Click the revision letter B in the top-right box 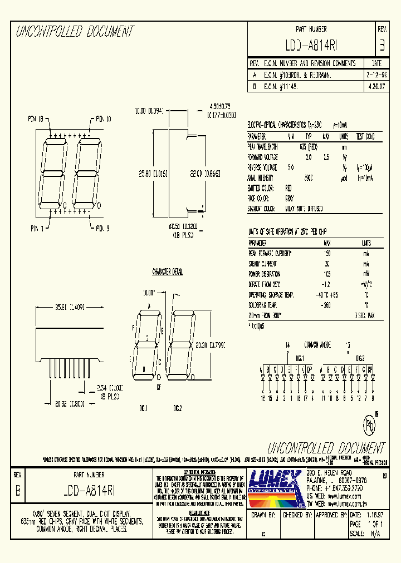pos(382,45)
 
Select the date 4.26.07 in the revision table pos(375,87)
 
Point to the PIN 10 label pos(103,118)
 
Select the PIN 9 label pos(104,228)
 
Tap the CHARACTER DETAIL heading pos(168,272)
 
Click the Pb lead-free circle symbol pos(370,425)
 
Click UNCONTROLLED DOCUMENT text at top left pos(75,32)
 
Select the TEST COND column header pos(365,136)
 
